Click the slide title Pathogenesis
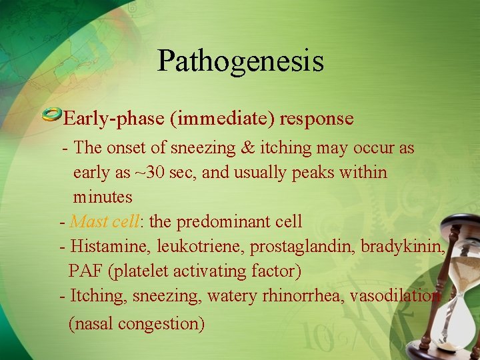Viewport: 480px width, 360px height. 240,61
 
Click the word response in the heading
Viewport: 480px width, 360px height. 317,119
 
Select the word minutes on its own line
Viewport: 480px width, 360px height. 103,197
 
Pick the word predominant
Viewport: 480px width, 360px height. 221,221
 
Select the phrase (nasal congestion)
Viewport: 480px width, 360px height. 137,323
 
